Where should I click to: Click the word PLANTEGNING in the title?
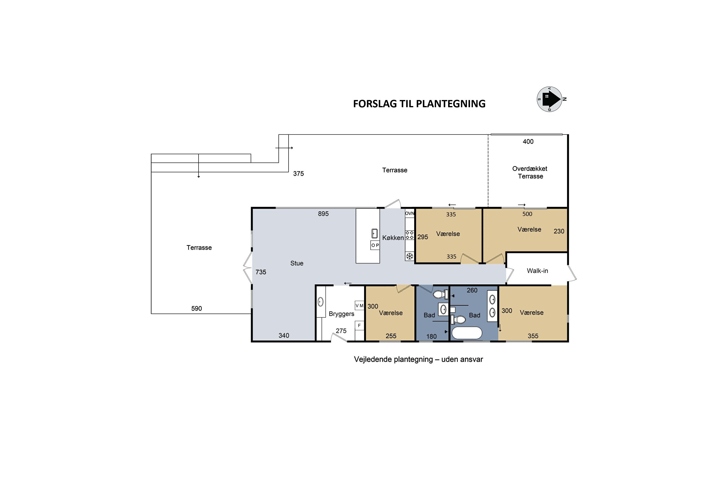451,104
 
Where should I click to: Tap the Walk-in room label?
537,271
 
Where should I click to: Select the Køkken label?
393,238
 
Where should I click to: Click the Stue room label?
297,263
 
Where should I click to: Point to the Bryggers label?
341,314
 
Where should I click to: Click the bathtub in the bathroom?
467,333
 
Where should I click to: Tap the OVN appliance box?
410,213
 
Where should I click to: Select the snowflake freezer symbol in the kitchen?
410,256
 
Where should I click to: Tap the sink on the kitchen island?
374,234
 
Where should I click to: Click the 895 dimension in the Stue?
323,214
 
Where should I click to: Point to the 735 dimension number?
261,272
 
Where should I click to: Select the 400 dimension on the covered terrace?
528,142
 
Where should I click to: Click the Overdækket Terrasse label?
530,173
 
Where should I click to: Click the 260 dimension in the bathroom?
472,290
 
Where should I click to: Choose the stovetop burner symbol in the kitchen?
410,235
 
